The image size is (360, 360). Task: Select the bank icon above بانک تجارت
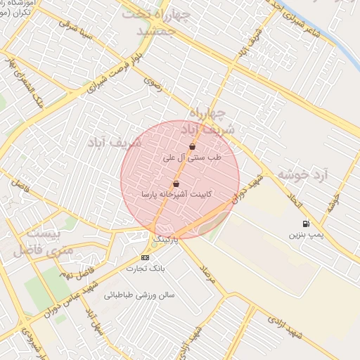pyautogui.click(x=145, y=257)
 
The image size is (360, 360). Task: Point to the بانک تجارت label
pyautogui.click(x=145, y=268)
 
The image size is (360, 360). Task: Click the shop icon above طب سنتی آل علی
pyautogui.click(x=192, y=146)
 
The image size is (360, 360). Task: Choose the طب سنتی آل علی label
pyautogui.click(x=192, y=157)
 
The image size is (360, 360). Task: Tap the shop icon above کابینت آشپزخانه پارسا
pyautogui.click(x=176, y=184)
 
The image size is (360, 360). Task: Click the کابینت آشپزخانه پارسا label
pyautogui.click(x=176, y=194)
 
